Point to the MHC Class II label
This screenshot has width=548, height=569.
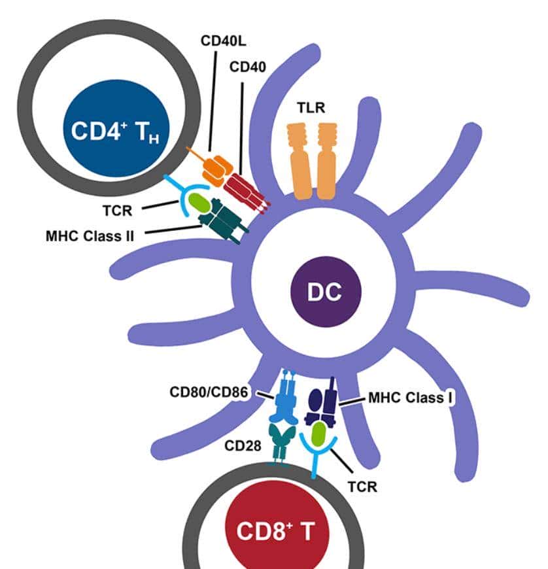point(90,235)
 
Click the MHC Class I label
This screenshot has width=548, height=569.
point(411,397)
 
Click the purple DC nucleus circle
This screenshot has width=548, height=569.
point(325,292)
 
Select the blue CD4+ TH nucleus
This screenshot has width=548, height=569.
point(107,129)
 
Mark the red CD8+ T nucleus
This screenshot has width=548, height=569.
point(275,530)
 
